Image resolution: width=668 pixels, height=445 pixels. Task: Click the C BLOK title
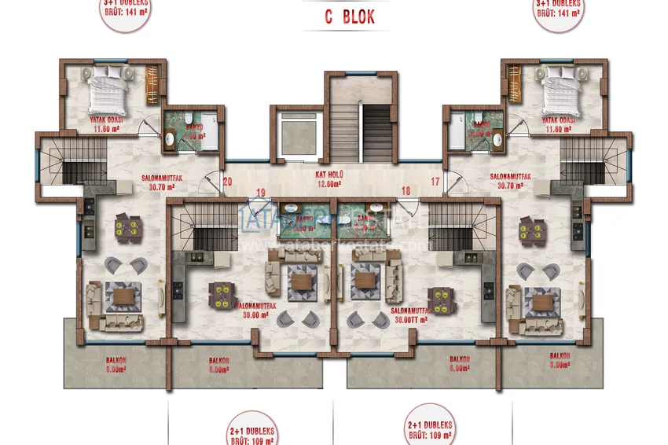[x=350, y=17]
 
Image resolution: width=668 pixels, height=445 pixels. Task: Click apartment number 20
[x=227, y=182]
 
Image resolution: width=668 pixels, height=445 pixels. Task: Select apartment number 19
[x=261, y=192]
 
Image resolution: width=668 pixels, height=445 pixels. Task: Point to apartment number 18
[x=406, y=190]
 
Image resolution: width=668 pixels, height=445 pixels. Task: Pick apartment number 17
[x=435, y=182]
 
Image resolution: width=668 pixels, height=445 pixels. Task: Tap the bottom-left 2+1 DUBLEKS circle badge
[x=253, y=428]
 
